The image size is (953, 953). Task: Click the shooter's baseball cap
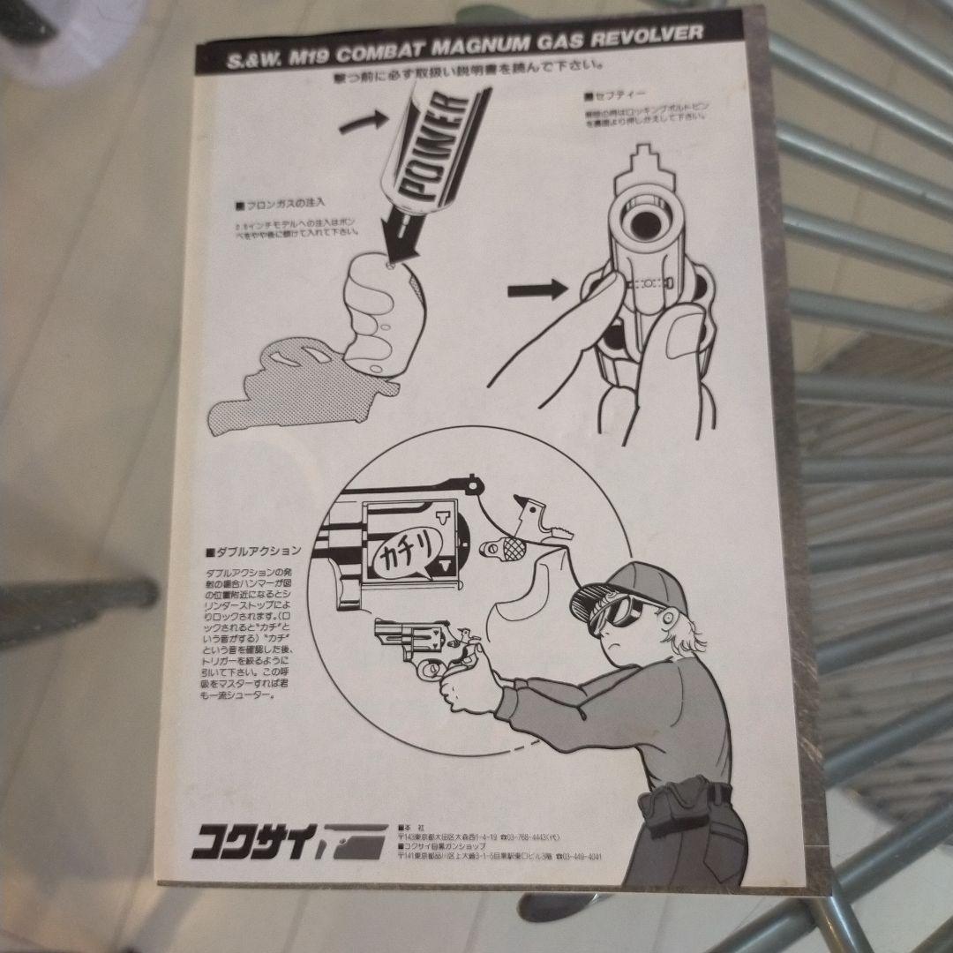pos(635,578)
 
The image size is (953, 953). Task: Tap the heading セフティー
pos(608,95)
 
